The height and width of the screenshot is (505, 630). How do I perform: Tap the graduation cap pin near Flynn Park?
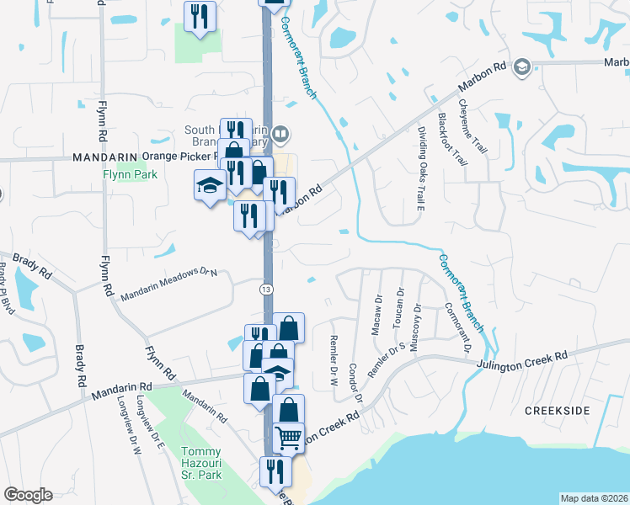(x=208, y=186)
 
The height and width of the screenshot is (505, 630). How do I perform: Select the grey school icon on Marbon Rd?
(x=522, y=67)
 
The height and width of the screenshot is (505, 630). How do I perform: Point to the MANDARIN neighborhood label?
(x=104, y=157)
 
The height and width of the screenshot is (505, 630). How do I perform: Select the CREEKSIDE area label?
(x=558, y=410)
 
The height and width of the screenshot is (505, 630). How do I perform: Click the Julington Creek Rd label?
(x=523, y=359)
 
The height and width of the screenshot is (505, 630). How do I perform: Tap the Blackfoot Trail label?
(x=451, y=140)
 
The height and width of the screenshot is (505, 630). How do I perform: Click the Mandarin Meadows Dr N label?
(x=168, y=284)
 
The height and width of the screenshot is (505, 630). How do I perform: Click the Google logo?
(x=28, y=495)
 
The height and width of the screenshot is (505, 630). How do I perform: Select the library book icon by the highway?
(x=281, y=132)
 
